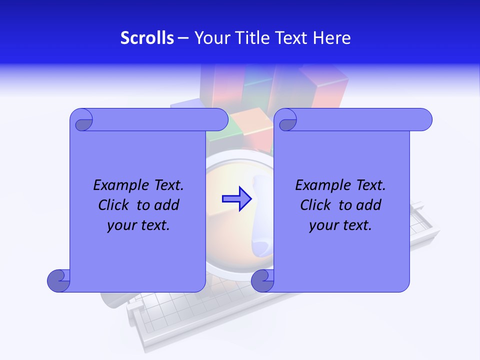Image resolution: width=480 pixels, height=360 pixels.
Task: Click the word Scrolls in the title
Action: [147, 38]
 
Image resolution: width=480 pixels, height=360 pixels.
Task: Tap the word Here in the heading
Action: [331, 38]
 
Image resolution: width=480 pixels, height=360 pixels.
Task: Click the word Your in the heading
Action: [210, 38]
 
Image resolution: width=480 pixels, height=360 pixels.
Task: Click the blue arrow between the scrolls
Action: [236, 198]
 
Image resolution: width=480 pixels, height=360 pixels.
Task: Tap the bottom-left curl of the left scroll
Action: [58, 280]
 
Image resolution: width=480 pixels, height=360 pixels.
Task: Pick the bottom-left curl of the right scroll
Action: [262, 280]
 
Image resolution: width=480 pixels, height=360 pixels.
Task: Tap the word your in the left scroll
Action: [121, 225]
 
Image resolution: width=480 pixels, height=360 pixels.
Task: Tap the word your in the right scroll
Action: [323, 225]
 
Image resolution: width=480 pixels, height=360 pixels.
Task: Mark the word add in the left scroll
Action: [167, 205]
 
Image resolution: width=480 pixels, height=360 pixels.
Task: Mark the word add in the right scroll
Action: [369, 205]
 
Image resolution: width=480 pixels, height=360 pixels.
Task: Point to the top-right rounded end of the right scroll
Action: [423, 119]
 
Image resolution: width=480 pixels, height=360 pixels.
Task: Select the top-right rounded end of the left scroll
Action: [219, 119]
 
